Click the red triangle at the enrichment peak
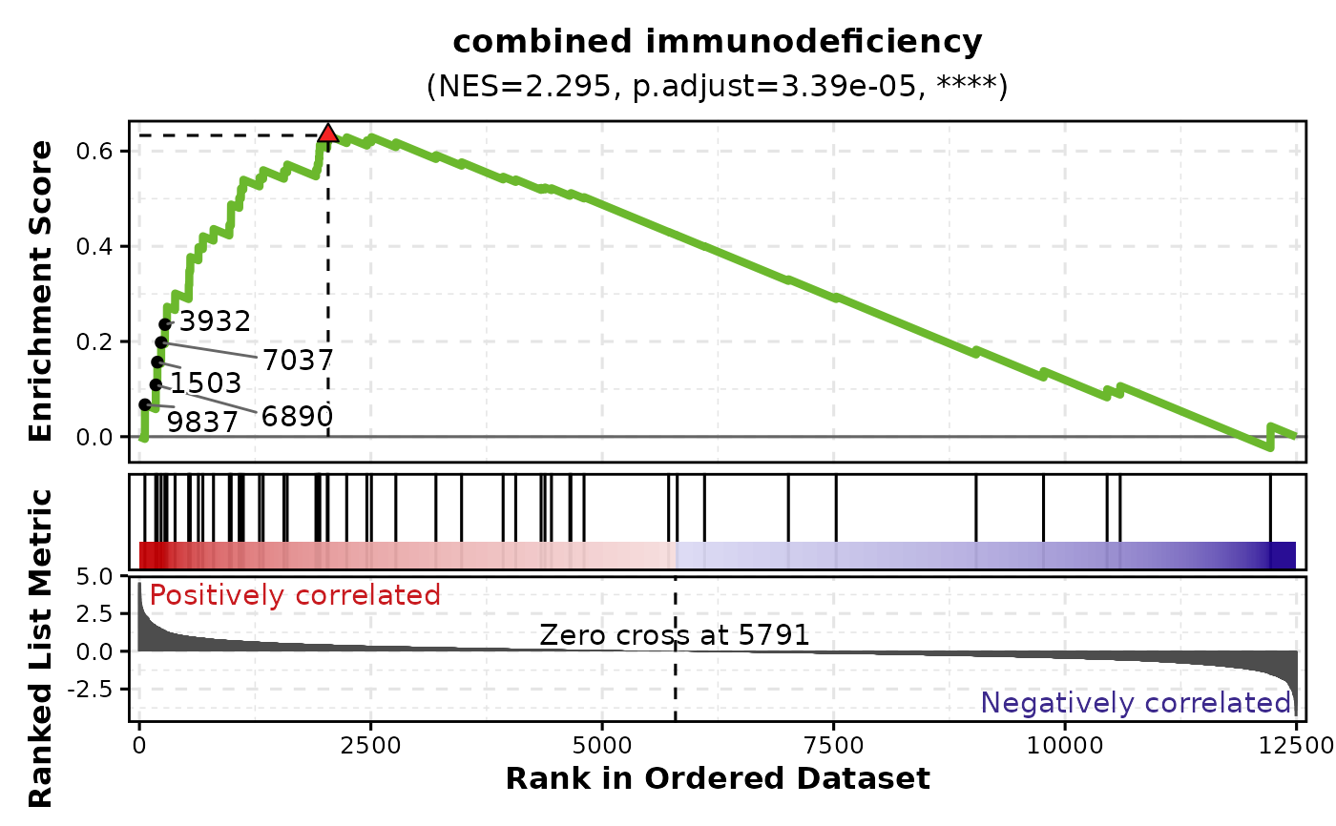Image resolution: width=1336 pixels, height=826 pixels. point(328,134)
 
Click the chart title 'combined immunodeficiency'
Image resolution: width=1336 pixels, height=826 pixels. point(717,42)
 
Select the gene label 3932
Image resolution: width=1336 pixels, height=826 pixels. point(216,321)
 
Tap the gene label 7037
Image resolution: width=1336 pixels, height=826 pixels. point(298,361)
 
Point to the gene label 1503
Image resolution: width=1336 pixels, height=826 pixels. point(205,383)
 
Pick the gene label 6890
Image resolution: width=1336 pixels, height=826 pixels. point(297,416)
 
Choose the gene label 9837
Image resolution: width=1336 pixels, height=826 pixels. point(202,422)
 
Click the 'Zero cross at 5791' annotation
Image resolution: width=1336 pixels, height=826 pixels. point(675,635)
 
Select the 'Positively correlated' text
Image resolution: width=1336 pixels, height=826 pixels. point(295,596)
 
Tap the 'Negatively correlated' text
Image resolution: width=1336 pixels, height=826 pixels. point(1136,704)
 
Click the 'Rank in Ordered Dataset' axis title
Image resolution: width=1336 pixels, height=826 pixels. point(717,779)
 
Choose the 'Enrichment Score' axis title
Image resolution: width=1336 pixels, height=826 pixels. point(40,291)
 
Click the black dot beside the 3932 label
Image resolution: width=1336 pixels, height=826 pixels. point(165,324)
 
